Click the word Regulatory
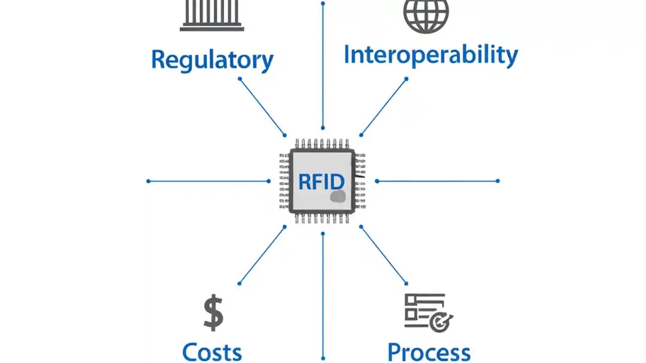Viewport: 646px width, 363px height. [212, 60]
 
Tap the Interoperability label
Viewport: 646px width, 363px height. [430, 54]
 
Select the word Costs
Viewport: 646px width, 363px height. [212, 351]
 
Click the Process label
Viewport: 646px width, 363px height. [428, 351]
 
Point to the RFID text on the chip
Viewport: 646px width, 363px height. [321, 181]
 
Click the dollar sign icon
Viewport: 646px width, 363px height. [213, 313]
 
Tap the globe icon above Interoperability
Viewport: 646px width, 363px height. [426, 15]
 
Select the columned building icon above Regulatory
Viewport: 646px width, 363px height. [212, 15]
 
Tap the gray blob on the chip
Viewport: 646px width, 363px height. [338, 197]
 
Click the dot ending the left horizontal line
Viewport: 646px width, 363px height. [148, 181]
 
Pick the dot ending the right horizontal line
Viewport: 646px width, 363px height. [498, 181]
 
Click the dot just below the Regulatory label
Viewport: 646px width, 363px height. [240, 79]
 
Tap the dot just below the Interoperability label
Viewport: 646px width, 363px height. [406, 79]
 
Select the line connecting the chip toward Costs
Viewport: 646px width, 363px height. [262, 255]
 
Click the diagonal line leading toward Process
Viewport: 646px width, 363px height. [384, 255]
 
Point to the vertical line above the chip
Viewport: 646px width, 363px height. [323, 66]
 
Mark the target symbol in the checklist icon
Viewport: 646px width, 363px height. [441, 321]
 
